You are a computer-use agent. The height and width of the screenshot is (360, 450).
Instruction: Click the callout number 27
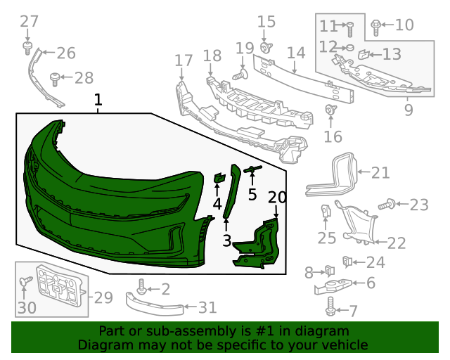[x=29, y=22]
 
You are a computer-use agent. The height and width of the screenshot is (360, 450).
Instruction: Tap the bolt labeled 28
[x=54, y=77]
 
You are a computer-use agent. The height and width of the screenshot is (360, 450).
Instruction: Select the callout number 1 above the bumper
[x=98, y=101]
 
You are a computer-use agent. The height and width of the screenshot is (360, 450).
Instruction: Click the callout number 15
[x=266, y=22]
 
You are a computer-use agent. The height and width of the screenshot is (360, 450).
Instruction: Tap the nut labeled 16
[x=329, y=110]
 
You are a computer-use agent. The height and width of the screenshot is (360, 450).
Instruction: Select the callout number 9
[x=409, y=110]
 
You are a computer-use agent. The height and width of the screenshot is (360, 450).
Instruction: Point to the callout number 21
[x=380, y=172]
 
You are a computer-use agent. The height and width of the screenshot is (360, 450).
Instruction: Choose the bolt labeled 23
[x=385, y=205]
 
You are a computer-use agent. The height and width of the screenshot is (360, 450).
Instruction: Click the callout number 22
[x=397, y=243]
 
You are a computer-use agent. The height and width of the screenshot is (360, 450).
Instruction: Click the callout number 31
[x=207, y=307]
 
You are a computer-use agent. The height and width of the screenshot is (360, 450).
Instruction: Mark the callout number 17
[x=183, y=60]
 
